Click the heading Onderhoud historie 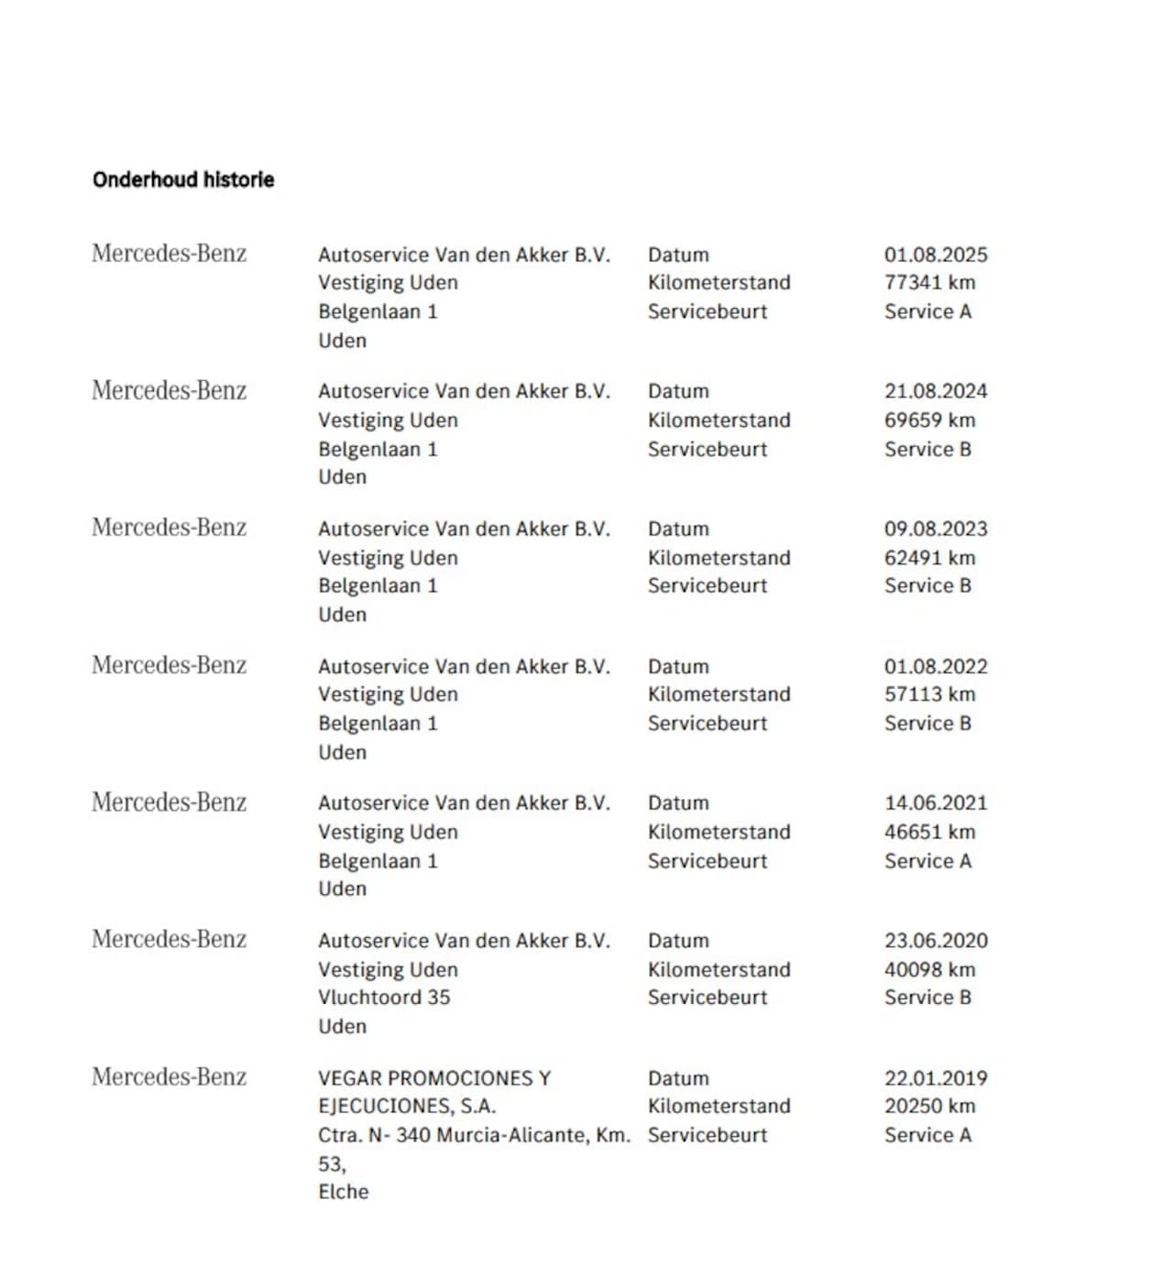pyautogui.click(x=183, y=180)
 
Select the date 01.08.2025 pyautogui.click(x=936, y=255)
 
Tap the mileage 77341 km pyautogui.click(x=929, y=282)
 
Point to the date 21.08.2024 pyautogui.click(x=936, y=391)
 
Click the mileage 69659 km pyautogui.click(x=929, y=420)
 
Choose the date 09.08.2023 pyautogui.click(x=936, y=529)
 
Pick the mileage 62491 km pyautogui.click(x=929, y=557)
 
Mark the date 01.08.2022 pyautogui.click(x=936, y=666)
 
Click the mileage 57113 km pyautogui.click(x=929, y=693)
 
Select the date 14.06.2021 pyautogui.click(x=936, y=802)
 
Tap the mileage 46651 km pyautogui.click(x=929, y=832)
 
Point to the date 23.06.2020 pyautogui.click(x=936, y=940)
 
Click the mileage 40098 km pyautogui.click(x=929, y=969)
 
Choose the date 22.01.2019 pyautogui.click(x=936, y=1078)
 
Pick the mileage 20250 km pyautogui.click(x=929, y=1106)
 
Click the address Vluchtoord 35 pyautogui.click(x=384, y=997)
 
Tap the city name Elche pyautogui.click(x=344, y=1192)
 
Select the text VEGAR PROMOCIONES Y pyautogui.click(x=434, y=1078)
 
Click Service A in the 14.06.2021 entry pyautogui.click(x=927, y=861)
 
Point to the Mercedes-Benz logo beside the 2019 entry pyautogui.click(x=170, y=1076)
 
